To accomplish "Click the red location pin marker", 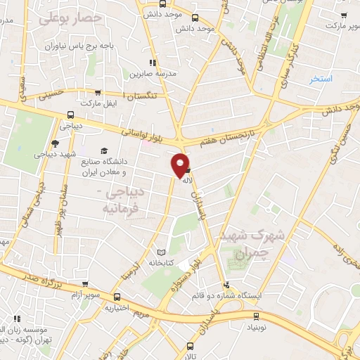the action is click(181, 165).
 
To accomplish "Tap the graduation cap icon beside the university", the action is click(104, 151).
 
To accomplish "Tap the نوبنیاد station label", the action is click(256, 328).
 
